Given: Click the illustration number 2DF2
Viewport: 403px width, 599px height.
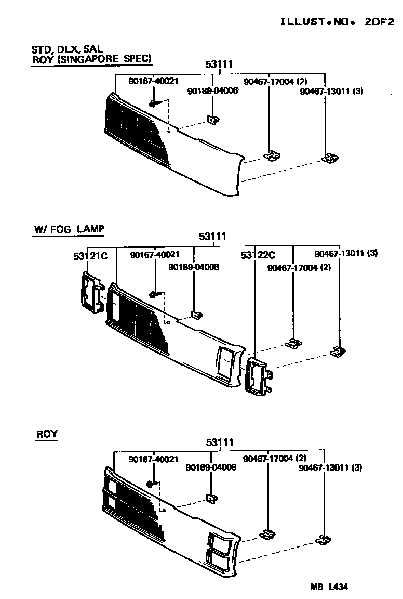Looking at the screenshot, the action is tap(379, 22).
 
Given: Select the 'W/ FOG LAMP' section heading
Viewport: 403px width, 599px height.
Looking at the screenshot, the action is tap(69, 229).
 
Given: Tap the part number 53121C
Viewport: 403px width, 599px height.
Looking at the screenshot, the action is tap(90, 256).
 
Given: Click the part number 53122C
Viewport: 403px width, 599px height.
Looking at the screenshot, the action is tap(258, 255).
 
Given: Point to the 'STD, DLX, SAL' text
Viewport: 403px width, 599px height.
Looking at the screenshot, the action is tap(67, 49).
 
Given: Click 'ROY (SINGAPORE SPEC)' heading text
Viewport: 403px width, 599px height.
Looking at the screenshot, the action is tap(91, 59).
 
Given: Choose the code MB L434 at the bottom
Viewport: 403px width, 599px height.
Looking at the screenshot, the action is tap(329, 587).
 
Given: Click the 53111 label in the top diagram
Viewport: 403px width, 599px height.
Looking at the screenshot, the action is tap(219, 64).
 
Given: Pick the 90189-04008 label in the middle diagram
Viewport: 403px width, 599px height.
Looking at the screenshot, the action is tap(194, 267).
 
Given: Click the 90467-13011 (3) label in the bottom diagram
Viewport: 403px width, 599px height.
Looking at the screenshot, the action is tap(330, 467).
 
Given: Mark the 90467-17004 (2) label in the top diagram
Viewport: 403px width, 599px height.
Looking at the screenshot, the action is tap(275, 81).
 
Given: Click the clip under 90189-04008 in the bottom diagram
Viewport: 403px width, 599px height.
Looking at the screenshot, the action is tap(211, 499).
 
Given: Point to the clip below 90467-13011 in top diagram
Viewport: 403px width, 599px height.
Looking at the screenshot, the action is tap(330, 158).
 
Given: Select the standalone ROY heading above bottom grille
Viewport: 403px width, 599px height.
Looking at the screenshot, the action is tap(47, 434).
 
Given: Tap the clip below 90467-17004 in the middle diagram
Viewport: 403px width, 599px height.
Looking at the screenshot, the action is tap(293, 343).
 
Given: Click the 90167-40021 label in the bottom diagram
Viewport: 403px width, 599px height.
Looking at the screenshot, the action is tap(153, 459).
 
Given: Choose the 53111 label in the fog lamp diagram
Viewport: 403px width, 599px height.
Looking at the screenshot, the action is tap(212, 237).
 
